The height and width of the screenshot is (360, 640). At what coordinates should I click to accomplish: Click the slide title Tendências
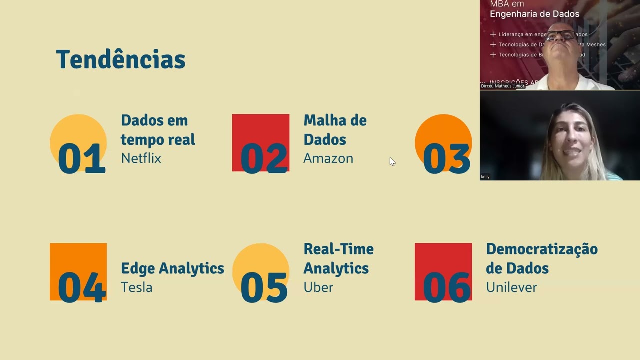point(120,60)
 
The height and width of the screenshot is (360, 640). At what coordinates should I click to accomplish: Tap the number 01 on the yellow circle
point(81,159)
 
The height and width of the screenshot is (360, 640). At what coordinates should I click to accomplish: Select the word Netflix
point(141,158)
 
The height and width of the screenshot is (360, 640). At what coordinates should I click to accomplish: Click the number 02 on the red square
point(264,159)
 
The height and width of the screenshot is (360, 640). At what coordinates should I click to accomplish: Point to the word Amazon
point(328,158)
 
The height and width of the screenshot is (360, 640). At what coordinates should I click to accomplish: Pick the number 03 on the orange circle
point(446,159)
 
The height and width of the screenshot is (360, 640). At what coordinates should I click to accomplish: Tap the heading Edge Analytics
point(172,268)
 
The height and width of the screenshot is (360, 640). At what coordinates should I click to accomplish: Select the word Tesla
point(136,287)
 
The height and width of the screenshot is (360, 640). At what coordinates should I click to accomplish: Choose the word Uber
point(318,287)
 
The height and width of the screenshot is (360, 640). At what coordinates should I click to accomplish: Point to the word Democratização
point(541,249)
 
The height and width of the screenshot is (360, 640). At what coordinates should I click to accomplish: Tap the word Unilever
point(511,287)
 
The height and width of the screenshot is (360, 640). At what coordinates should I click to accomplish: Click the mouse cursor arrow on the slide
point(392,161)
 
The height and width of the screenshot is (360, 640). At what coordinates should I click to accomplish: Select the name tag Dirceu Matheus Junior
point(502,86)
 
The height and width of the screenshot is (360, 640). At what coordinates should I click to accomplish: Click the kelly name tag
point(485,177)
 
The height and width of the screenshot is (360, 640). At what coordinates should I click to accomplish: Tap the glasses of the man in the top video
point(560,35)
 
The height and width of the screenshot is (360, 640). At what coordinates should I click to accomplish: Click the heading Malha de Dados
point(335,130)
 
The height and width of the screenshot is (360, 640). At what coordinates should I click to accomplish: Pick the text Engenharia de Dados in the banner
point(534,14)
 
